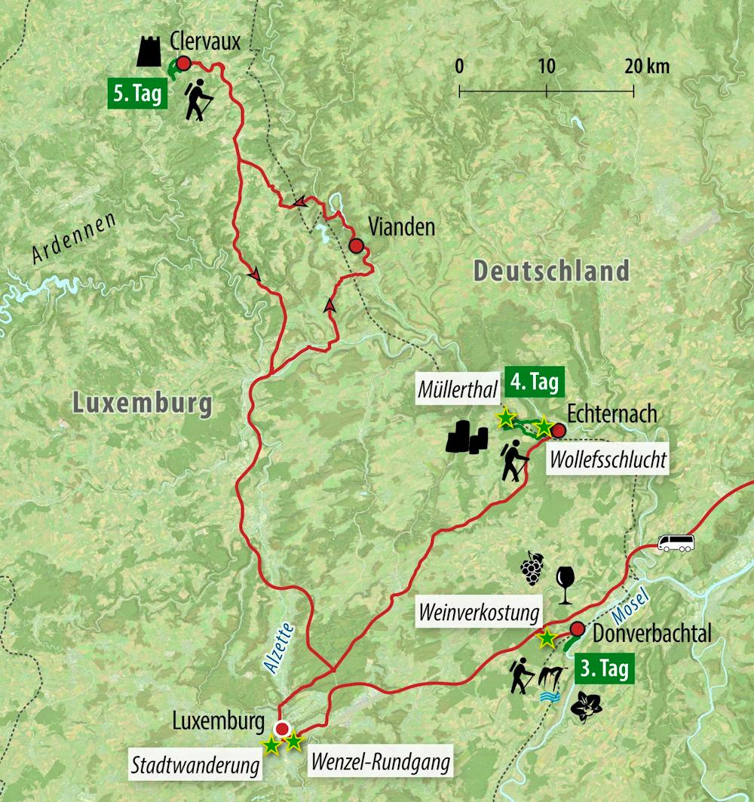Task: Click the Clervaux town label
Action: [205, 41]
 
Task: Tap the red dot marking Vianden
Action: [356, 244]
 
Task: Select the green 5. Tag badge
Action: [139, 95]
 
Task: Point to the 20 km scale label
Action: [646, 66]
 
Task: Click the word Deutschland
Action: [551, 271]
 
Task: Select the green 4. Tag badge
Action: [535, 382]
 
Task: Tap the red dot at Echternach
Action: [559, 430]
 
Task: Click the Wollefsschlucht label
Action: [608, 459]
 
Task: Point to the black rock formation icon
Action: [467, 438]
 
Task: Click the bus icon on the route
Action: [676, 542]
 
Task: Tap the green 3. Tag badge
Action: [603, 669]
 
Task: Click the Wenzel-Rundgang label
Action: [379, 763]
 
